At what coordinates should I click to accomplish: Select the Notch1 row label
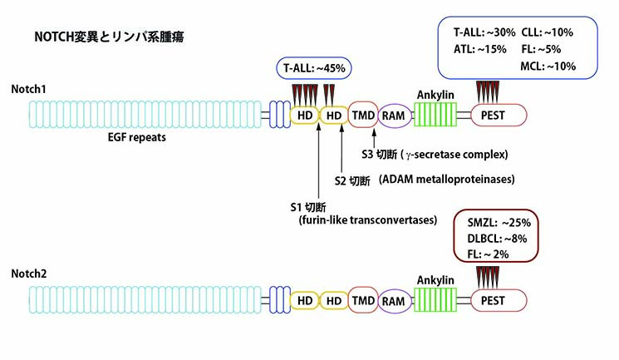pyautogui.click(x=28, y=88)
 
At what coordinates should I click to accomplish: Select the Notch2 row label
pyautogui.click(x=28, y=273)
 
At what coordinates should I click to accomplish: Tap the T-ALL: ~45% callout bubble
pyautogui.click(x=309, y=67)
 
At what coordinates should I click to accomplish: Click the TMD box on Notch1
pyautogui.click(x=363, y=115)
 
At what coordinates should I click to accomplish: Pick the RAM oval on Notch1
pyautogui.click(x=395, y=115)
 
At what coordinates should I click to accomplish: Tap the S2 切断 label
pyautogui.click(x=352, y=180)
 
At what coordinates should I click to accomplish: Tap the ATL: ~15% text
pyautogui.click(x=479, y=48)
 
